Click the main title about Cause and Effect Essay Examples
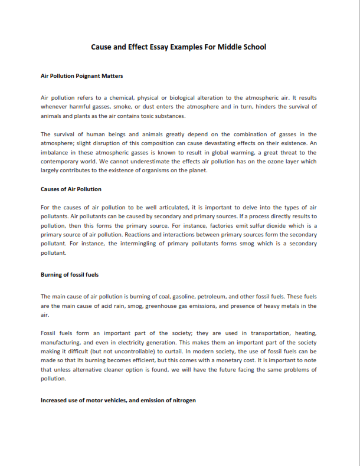[x=178, y=47]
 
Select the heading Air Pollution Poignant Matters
[x=81, y=76]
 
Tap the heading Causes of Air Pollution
[x=71, y=189]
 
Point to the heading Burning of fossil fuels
[x=70, y=275]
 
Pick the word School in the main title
[x=254, y=47]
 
